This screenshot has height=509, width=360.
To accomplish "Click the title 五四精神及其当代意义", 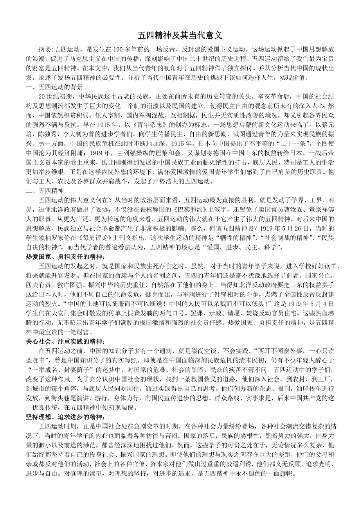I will click(x=180, y=36).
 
